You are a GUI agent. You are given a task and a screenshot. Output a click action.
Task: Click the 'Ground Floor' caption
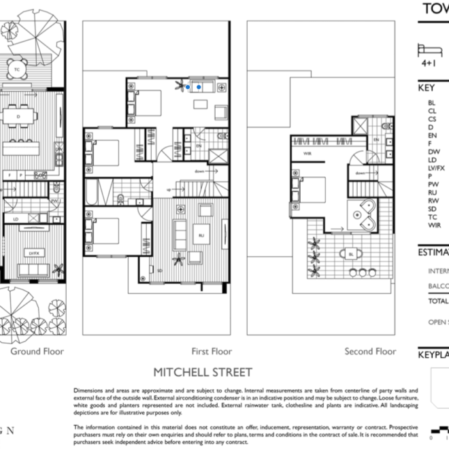37,352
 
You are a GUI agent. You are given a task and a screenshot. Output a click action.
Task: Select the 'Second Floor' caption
369,352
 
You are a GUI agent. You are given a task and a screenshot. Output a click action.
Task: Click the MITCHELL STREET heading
202,372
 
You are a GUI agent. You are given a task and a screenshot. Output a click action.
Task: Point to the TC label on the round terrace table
16,69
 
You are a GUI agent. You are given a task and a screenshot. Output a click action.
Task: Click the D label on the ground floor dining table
18,117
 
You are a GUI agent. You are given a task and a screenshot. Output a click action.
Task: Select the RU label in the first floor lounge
201,235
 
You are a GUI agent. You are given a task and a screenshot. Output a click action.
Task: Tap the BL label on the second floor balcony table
350,254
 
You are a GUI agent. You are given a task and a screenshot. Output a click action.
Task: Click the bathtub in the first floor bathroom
90,194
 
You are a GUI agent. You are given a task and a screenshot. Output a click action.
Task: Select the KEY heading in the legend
427,88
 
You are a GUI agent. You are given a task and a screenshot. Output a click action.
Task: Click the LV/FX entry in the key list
436,167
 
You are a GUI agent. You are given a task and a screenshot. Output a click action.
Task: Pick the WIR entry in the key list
434,224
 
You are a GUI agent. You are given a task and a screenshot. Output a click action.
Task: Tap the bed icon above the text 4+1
429,50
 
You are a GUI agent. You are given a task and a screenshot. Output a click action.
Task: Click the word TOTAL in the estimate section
438,300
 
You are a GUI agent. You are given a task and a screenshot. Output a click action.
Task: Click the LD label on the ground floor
15,219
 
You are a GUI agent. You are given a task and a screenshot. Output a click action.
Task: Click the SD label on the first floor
160,271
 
